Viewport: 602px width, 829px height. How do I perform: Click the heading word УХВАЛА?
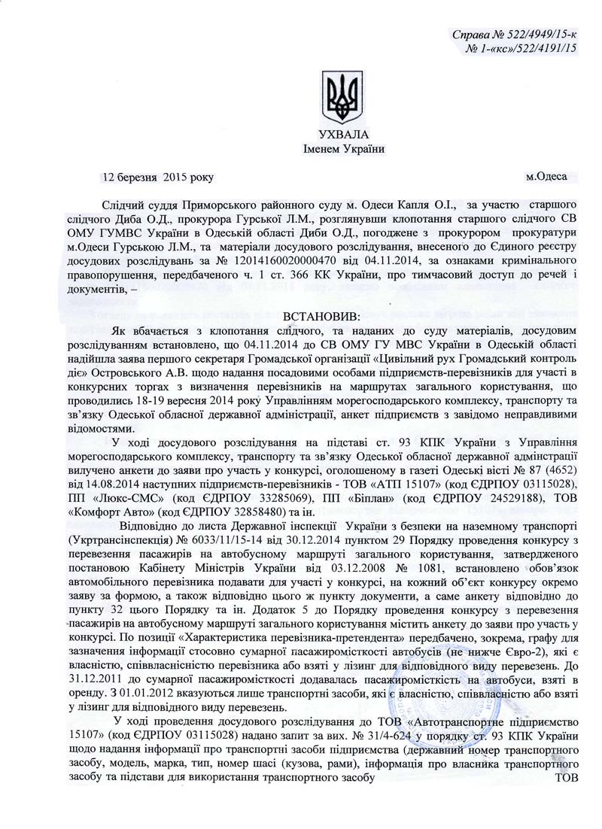pyautogui.click(x=343, y=133)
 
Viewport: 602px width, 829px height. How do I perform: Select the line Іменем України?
pyautogui.click(x=343, y=148)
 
